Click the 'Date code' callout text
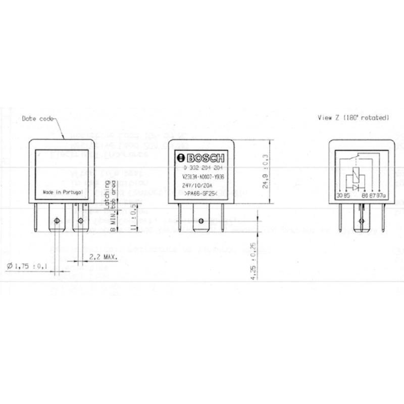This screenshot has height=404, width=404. [36, 119]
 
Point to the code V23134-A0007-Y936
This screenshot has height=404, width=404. [203, 176]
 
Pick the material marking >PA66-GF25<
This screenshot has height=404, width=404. [200, 193]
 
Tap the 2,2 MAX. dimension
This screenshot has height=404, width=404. [103, 257]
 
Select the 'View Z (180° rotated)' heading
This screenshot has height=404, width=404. [353, 117]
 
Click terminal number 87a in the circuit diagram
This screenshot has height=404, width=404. [380, 195]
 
